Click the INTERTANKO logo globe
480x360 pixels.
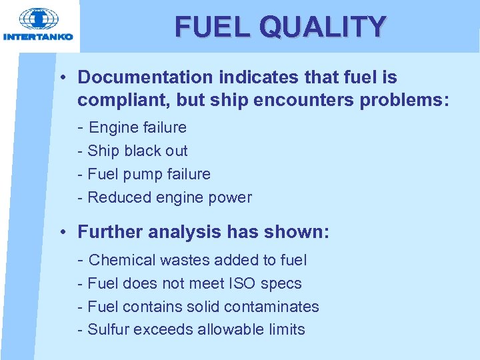(38, 19)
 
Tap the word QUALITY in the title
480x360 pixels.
(323, 27)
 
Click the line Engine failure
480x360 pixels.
(137, 127)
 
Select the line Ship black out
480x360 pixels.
(137, 151)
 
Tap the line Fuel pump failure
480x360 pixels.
(149, 174)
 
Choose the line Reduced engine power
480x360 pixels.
(169, 197)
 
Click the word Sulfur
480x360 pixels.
(109, 329)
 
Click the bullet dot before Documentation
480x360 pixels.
(61, 77)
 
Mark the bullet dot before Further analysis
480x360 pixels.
(61, 233)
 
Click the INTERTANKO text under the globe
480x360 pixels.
(38, 37)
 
